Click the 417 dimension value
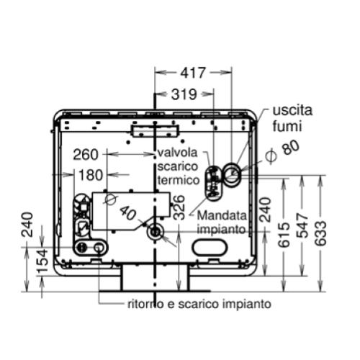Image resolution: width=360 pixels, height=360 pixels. point(193,73)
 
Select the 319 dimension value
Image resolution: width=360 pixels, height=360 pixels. point(184,94)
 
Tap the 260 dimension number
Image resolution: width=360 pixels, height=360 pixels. point(86,154)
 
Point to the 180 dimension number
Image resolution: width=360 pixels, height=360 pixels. point(91,175)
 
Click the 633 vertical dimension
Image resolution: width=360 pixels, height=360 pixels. point(320,233)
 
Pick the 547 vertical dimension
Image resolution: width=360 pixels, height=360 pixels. point(302,225)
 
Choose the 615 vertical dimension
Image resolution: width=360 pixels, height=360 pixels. point(284,235)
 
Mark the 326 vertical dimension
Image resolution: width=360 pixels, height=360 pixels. point(179,207)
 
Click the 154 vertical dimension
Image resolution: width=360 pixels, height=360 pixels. point(42,261)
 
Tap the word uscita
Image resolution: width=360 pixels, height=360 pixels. point(292,110)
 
